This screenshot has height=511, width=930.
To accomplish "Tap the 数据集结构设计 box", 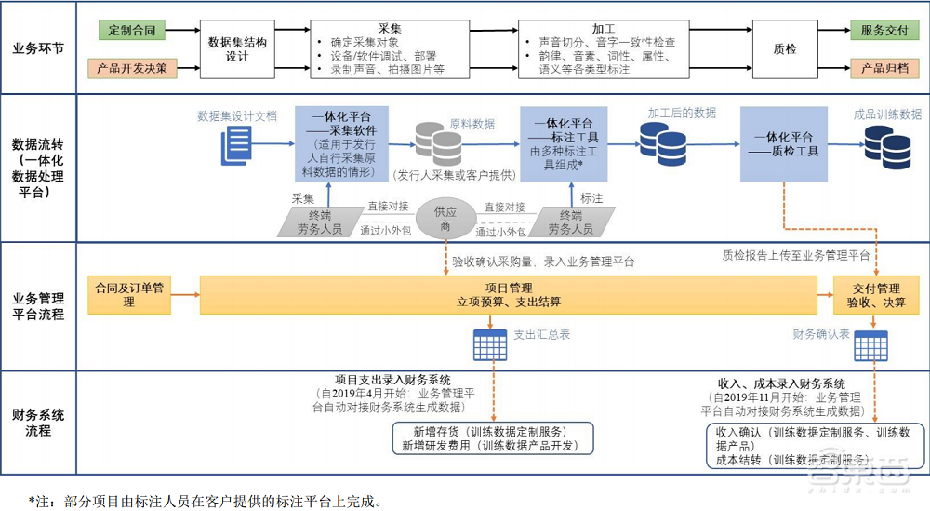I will (x=237, y=49).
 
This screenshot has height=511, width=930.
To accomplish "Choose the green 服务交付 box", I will (x=883, y=31).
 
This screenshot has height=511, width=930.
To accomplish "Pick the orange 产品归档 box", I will (x=883, y=68).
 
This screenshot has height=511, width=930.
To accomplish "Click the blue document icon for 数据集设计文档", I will (x=236, y=145).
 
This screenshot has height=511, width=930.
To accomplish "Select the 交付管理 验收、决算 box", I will (x=874, y=295).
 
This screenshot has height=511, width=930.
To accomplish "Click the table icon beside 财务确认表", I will (x=874, y=343).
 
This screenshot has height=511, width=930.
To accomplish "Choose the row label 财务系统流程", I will (x=38, y=423).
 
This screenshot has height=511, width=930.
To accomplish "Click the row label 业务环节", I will (x=38, y=48).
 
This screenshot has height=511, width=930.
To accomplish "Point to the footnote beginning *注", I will (x=205, y=501).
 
